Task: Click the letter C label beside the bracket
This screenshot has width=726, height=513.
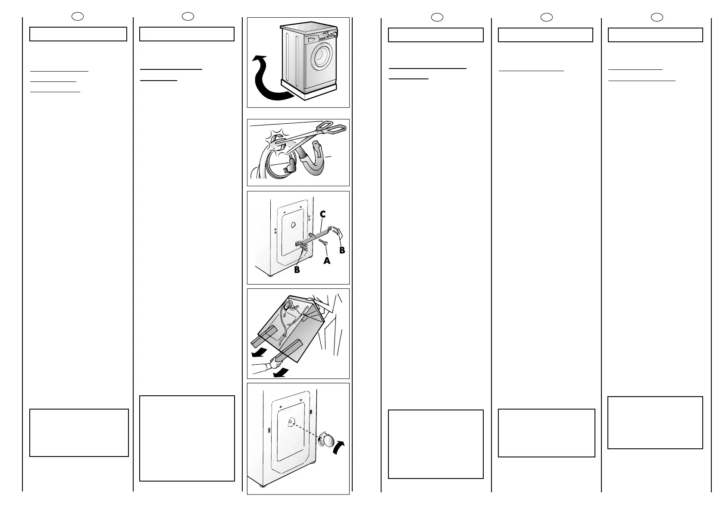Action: coord(322,214)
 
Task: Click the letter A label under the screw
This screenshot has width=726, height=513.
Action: coord(327,260)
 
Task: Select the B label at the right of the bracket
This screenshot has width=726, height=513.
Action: coord(342,250)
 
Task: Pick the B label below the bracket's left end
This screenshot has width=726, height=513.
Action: coord(297,270)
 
